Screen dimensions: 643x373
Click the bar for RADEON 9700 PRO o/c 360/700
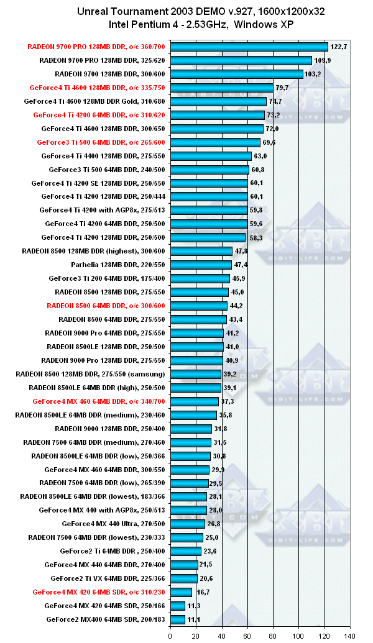pos(249,47)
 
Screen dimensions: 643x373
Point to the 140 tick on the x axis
pos(349,636)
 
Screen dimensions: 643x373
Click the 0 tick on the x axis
pos(170,636)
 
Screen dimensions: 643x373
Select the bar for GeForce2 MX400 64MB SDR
pos(177,619)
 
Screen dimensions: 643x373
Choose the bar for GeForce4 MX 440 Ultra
pos(187,524)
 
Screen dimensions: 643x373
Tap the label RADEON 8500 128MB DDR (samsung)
pos(93,374)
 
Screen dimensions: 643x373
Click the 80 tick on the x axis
pos(273,636)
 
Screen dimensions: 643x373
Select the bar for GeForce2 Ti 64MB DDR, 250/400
pos(185,551)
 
